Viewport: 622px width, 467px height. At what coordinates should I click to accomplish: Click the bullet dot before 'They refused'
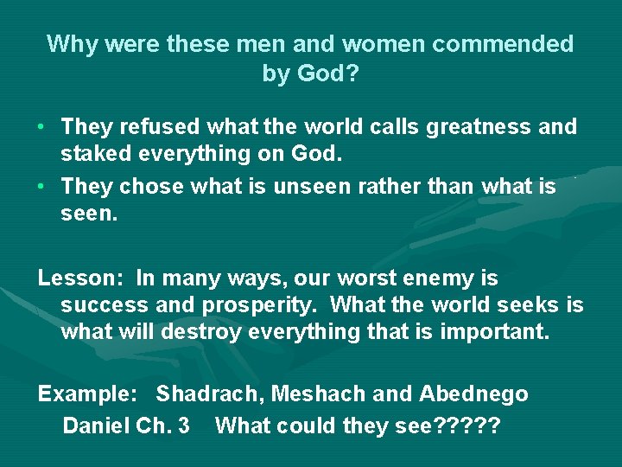pos(41,127)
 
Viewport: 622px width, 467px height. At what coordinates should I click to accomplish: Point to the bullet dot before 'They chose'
pos(41,186)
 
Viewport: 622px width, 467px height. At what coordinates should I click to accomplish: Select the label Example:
pos(88,395)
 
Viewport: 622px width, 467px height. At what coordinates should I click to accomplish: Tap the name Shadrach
pos(210,395)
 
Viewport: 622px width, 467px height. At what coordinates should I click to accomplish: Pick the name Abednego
pos(473,395)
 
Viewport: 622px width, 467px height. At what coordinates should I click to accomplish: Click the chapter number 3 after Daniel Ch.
pos(183,425)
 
